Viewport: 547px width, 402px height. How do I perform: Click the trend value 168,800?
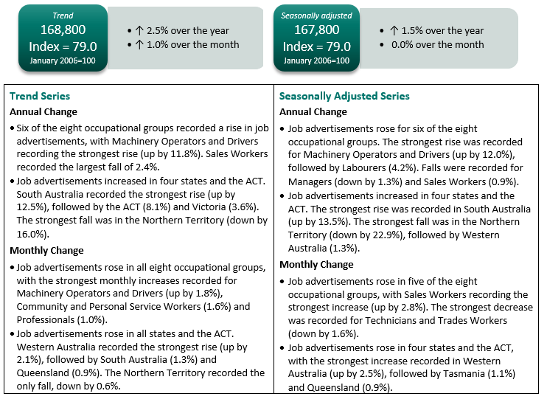coord(63,30)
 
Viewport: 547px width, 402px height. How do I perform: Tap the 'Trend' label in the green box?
coord(63,15)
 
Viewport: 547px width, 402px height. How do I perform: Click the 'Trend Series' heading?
coord(40,96)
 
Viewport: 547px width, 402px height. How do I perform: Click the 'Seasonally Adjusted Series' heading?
coord(344,96)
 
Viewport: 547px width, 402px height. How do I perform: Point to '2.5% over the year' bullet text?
coord(187,31)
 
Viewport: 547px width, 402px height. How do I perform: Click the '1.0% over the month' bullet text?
coord(192,44)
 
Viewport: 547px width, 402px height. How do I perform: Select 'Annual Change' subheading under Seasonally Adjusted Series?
coord(313,112)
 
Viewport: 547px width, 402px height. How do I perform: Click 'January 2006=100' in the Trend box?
coord(63,60)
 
